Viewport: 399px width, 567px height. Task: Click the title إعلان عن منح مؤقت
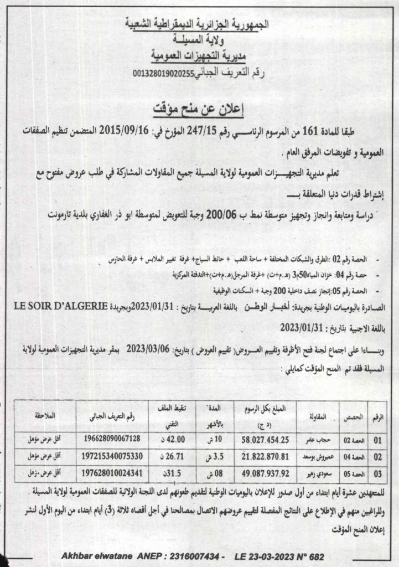(200, 107)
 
